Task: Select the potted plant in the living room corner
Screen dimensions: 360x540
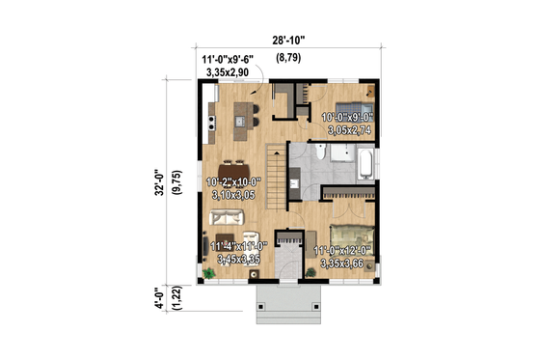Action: coord(209,275)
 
